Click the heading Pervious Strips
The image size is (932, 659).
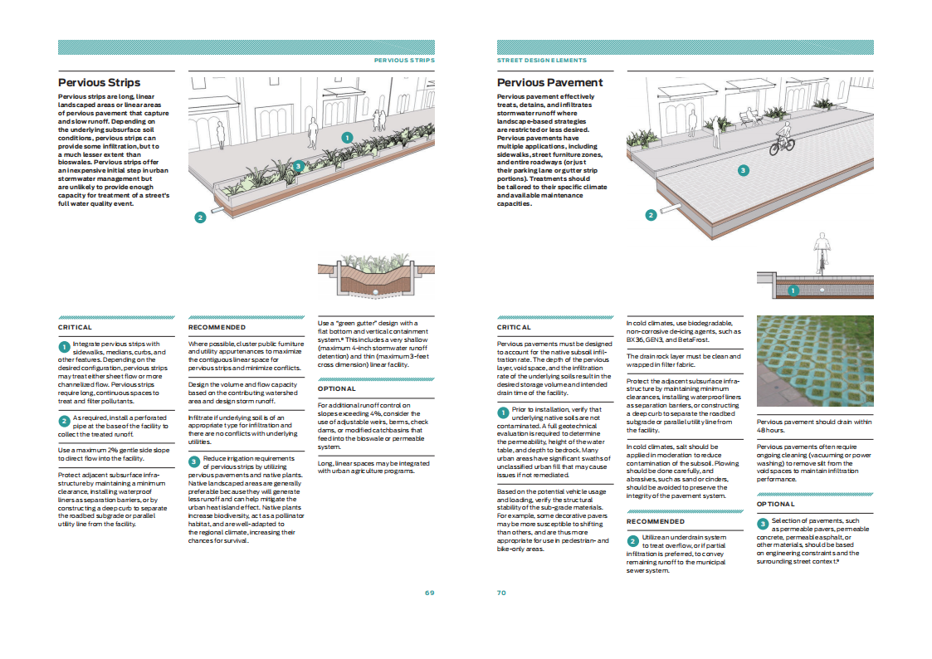100,83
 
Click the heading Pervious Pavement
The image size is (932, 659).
549,83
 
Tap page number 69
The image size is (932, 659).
430,593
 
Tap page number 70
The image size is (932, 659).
501,593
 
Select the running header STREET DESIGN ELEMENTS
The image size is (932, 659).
541,60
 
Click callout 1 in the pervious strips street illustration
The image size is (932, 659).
348,138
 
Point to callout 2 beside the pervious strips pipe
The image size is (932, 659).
200,217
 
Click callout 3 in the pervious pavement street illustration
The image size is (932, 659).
743,170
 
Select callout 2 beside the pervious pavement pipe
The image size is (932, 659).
651,215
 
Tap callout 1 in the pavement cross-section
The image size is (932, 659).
793,290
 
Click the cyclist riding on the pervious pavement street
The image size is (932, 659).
783,139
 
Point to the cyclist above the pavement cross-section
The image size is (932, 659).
822,253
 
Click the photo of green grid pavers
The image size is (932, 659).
815,361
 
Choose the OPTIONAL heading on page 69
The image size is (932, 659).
336,388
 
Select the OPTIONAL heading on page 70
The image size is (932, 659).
776,504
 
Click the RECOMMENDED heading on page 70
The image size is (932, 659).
656,521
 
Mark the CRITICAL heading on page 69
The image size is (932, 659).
75,327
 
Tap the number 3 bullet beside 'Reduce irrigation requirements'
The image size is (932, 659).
194,461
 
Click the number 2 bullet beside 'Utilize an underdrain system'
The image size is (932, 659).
632,541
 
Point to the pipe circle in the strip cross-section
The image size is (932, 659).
376,292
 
